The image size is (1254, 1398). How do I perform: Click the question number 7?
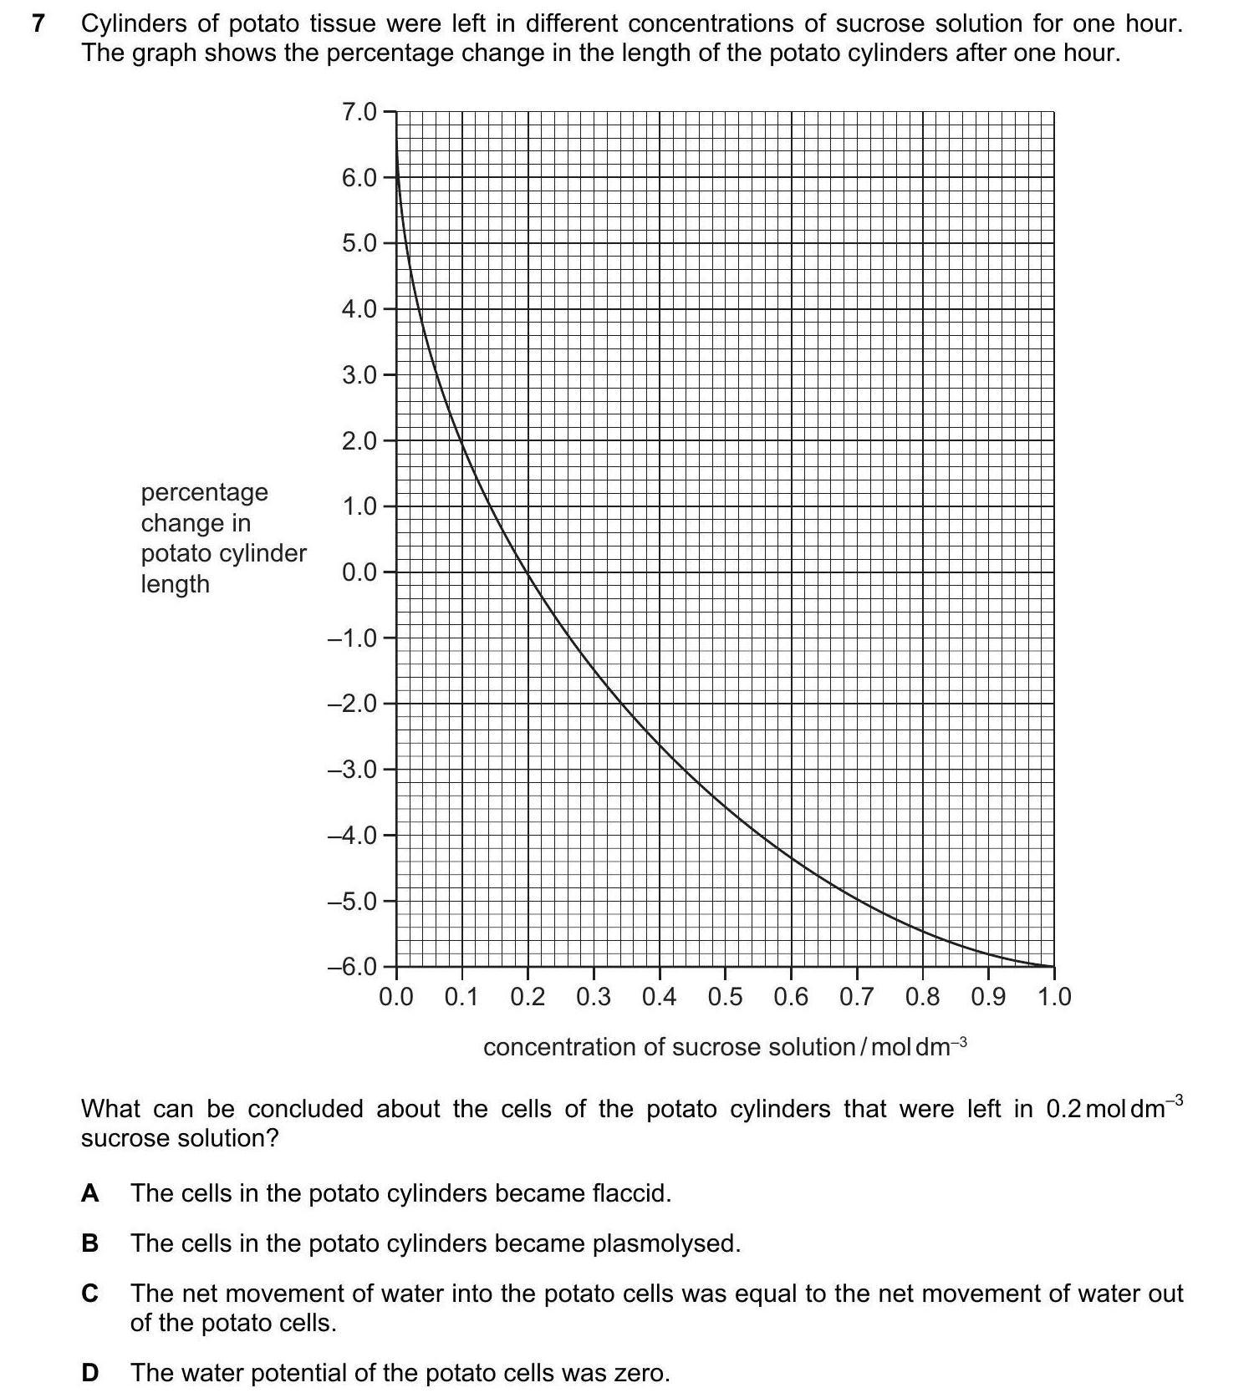point(37,24)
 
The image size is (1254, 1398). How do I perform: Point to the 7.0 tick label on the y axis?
point(359,111)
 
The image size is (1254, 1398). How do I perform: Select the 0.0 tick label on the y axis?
point(359,572)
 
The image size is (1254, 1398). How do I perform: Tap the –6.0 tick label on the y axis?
point(352,967)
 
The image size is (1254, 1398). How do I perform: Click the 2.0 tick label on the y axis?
point(359,440)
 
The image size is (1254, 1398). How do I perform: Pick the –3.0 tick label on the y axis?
point(352,769)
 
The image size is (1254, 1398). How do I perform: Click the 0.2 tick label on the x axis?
point(528,997)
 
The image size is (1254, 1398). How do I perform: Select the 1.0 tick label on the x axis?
point(1053,997)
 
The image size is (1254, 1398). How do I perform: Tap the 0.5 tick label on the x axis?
point(725,997)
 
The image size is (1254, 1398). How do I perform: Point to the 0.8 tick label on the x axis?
point(922,997)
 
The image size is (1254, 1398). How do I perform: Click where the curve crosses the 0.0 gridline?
point(528,572)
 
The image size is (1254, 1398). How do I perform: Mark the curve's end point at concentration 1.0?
point(1053,967)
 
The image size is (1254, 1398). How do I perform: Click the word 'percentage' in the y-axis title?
point(204,493)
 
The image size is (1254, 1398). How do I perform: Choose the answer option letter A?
point(89,1193)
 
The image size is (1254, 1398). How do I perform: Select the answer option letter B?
point(89,1243)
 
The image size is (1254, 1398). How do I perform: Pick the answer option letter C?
point(90,1294)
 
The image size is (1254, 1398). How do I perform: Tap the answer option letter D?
point(90,1373)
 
